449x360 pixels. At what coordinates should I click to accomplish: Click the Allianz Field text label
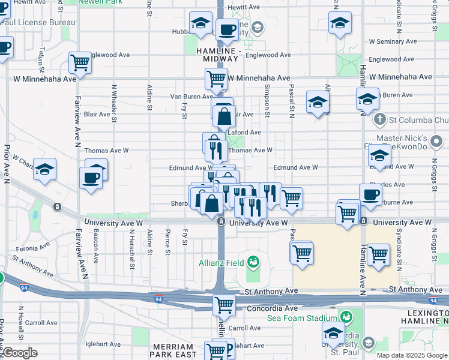(221, 262)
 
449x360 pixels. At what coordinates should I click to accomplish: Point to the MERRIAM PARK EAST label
(175, 351)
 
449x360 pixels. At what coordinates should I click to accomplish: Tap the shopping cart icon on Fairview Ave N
(80, 62)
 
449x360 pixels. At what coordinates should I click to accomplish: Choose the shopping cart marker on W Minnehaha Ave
(216, 78)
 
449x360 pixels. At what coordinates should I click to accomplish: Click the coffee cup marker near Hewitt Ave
(226, 29)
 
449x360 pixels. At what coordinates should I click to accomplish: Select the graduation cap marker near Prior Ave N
(44, 170)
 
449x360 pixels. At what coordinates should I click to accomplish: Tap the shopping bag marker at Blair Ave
(223, 116)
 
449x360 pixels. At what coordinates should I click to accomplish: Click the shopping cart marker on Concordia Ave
(224, 304)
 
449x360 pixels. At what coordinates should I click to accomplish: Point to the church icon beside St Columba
(379, 119)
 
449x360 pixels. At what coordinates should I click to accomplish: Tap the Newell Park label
(100, 2)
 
